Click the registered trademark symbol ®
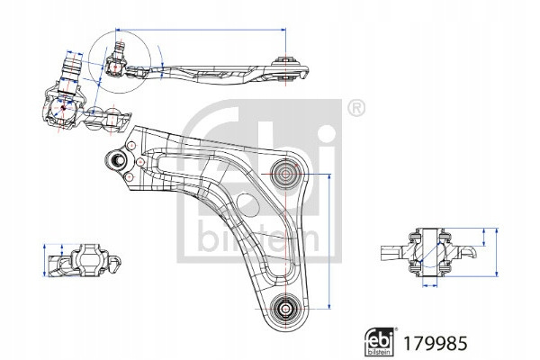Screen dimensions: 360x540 [x=355, y=109]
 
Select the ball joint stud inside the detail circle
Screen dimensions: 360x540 [x=115, y=64]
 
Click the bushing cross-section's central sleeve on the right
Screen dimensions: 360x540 [x=432, y=253]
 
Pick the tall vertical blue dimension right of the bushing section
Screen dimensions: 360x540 [x=494, y=253]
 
